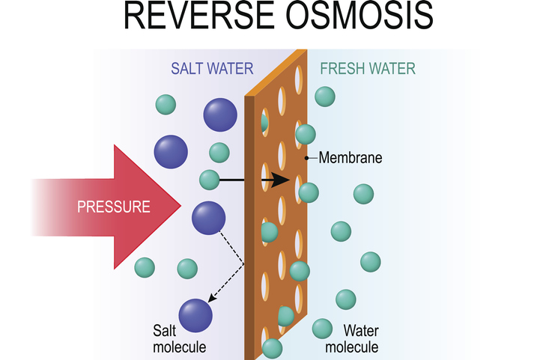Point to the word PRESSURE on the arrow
point(114,206)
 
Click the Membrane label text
point(351,158)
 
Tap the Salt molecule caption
point(178,338)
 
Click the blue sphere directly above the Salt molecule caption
point(195,314)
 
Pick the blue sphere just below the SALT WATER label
point(219,115)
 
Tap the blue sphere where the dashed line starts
point(208,219)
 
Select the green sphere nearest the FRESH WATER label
point(325,96)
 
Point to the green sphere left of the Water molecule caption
point(322,328)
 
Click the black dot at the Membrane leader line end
point(306,158)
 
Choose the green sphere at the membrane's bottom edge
point(272,348)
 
